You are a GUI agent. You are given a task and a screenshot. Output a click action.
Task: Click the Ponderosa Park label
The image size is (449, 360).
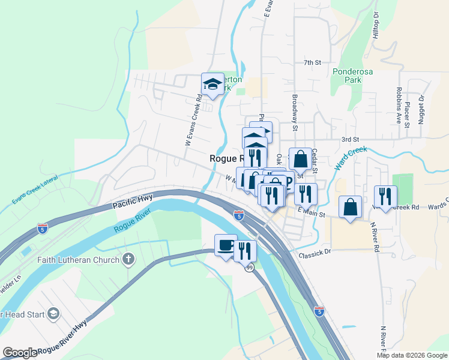click(352, 75)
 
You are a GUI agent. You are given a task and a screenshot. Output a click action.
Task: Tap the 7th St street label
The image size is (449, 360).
click(313, 62)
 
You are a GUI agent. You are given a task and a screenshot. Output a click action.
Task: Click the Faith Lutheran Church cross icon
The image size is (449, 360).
click(127, 259)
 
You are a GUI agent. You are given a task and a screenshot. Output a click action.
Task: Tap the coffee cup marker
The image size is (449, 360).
click(226, 245)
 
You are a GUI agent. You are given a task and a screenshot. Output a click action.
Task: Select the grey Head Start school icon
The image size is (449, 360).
click(53, 314)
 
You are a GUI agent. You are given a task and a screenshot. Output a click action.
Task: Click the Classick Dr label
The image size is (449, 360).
click(315, 255)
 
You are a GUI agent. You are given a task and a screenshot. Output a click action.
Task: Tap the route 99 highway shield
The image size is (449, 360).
click(249, 268)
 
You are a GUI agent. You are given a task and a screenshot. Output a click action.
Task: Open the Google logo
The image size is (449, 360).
click(20, 353)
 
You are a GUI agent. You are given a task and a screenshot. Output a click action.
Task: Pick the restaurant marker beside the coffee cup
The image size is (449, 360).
click(245, 250)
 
